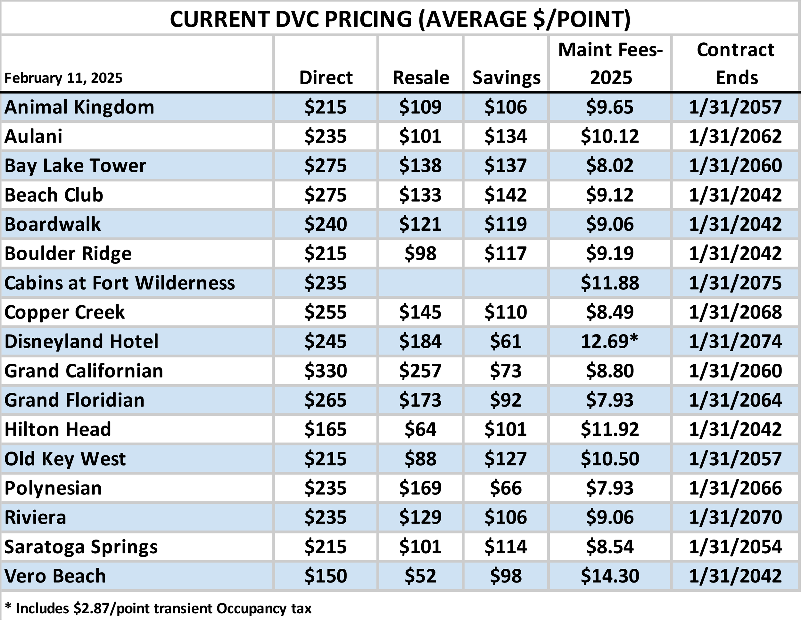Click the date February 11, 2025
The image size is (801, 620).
[63, 78]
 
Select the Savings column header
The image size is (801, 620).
[506, 78]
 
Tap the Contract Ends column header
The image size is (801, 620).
[735, 64]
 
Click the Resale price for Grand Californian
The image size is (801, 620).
[420, 370]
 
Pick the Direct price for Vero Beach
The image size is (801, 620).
[326, 575]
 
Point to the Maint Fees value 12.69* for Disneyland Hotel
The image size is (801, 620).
[609, 341]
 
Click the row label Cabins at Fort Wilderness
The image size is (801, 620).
[120, 283]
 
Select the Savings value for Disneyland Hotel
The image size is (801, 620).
[506, 341]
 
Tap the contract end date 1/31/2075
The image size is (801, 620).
[735, 283]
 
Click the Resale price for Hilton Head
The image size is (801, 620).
[420, 429]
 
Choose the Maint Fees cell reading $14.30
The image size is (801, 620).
[609, 575]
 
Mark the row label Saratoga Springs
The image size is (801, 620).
[81, 547]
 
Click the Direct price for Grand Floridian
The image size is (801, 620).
[326, 400]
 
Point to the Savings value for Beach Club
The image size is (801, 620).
[506, 195]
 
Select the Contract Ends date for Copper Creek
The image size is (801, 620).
[735, 312]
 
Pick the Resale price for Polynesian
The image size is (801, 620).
[420, 488]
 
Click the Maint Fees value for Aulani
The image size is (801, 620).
[609, 136]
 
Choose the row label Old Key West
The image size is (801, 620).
[65, 459]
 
